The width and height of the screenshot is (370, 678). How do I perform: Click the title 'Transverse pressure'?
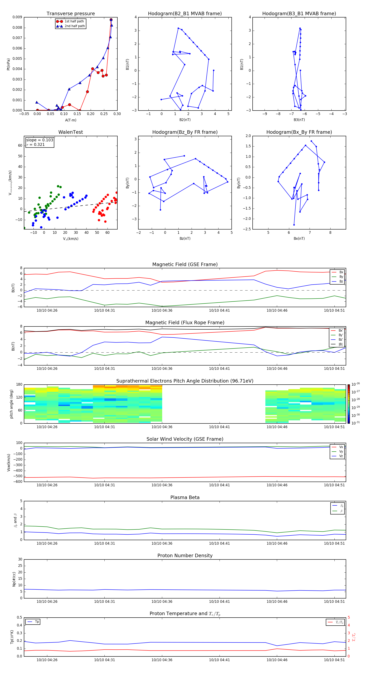pos(71,14)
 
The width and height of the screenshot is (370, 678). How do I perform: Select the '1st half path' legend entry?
pos(74,21)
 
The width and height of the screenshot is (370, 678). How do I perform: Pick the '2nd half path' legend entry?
pos(75,26)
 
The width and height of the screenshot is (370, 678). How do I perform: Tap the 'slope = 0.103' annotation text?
pos(39,140)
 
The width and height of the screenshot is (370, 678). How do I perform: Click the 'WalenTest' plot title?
pos(71,132)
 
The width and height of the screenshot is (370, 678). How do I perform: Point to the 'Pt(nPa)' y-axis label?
pos(8,64)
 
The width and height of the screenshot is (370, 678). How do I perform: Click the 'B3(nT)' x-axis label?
pos(299,120)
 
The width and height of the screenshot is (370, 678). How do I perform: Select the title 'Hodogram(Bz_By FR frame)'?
pos(185,132)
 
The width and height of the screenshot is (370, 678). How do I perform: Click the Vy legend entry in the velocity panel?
pos(341,451)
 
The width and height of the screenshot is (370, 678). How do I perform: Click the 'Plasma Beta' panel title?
pos(185,497)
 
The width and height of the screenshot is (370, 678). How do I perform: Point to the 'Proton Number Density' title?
pos(185,556)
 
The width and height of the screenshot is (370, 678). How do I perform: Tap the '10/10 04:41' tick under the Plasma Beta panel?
pos(219,543)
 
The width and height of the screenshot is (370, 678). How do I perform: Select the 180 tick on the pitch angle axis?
pos(19,385)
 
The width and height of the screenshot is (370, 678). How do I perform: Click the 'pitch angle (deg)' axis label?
pos(11,404)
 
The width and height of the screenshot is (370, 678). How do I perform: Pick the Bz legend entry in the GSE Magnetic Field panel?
pos(341,281)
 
